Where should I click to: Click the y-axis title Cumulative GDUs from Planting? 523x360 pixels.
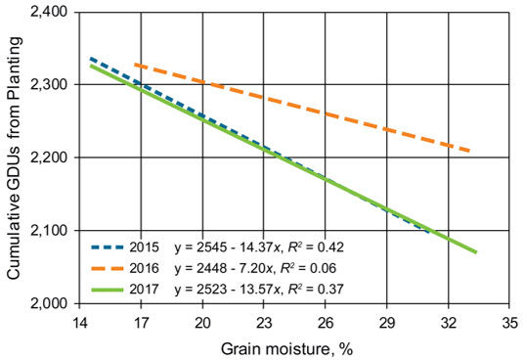coord(13,157)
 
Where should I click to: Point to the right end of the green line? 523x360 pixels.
coord(476,252)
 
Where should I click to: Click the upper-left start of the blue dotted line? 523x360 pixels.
coord(90,59)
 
